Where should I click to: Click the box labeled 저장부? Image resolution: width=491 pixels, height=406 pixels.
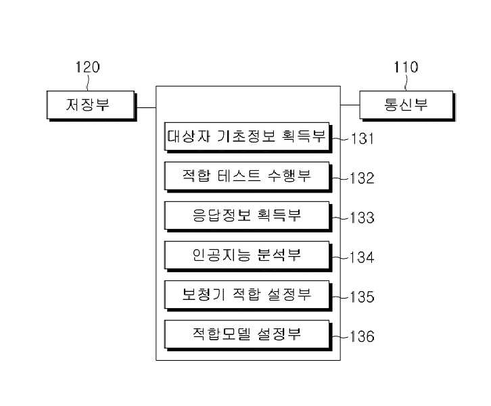[91, 105]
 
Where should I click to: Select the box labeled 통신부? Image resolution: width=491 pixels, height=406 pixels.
[407, 105]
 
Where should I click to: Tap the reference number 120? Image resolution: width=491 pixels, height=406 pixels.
[88, 67]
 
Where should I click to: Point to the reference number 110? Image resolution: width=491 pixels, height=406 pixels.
[406, 67]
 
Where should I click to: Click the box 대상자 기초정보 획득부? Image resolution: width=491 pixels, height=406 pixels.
[248, 137]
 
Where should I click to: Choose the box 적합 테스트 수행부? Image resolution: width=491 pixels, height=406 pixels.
[248, 177]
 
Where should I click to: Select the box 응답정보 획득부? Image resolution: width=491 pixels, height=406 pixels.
[248, 216]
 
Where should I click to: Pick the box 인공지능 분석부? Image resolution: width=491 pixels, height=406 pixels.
[248, 256]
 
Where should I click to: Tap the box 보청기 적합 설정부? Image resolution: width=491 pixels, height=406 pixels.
[248, 296]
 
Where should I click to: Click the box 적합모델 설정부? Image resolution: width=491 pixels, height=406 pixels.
[248, 335]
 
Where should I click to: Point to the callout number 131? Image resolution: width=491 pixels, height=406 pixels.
[362, 138]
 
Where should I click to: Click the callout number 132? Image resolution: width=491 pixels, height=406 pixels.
[362, 178]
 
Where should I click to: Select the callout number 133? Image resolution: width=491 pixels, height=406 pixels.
[362, 218]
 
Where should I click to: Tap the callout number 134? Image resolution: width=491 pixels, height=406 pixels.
[362, 257]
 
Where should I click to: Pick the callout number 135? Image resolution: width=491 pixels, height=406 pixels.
[362, 297]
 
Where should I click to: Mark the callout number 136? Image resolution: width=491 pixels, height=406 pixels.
[362, 336]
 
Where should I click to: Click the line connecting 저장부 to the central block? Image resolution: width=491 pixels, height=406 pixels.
[147, 107]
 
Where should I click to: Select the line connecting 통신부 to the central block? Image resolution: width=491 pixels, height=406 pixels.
[350, 105]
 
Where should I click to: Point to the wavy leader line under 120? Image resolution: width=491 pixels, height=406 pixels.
[88, 82]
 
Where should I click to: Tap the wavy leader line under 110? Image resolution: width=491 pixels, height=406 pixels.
[406, 82]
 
